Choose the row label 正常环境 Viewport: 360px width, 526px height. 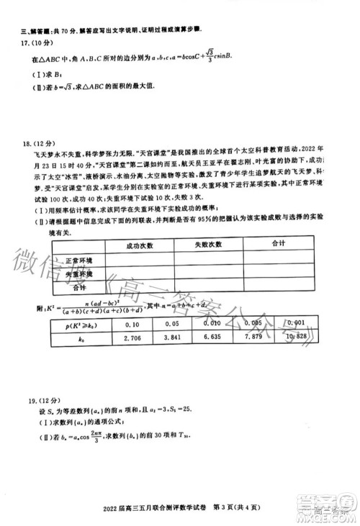(80, 260)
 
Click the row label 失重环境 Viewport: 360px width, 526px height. (80, 275)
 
